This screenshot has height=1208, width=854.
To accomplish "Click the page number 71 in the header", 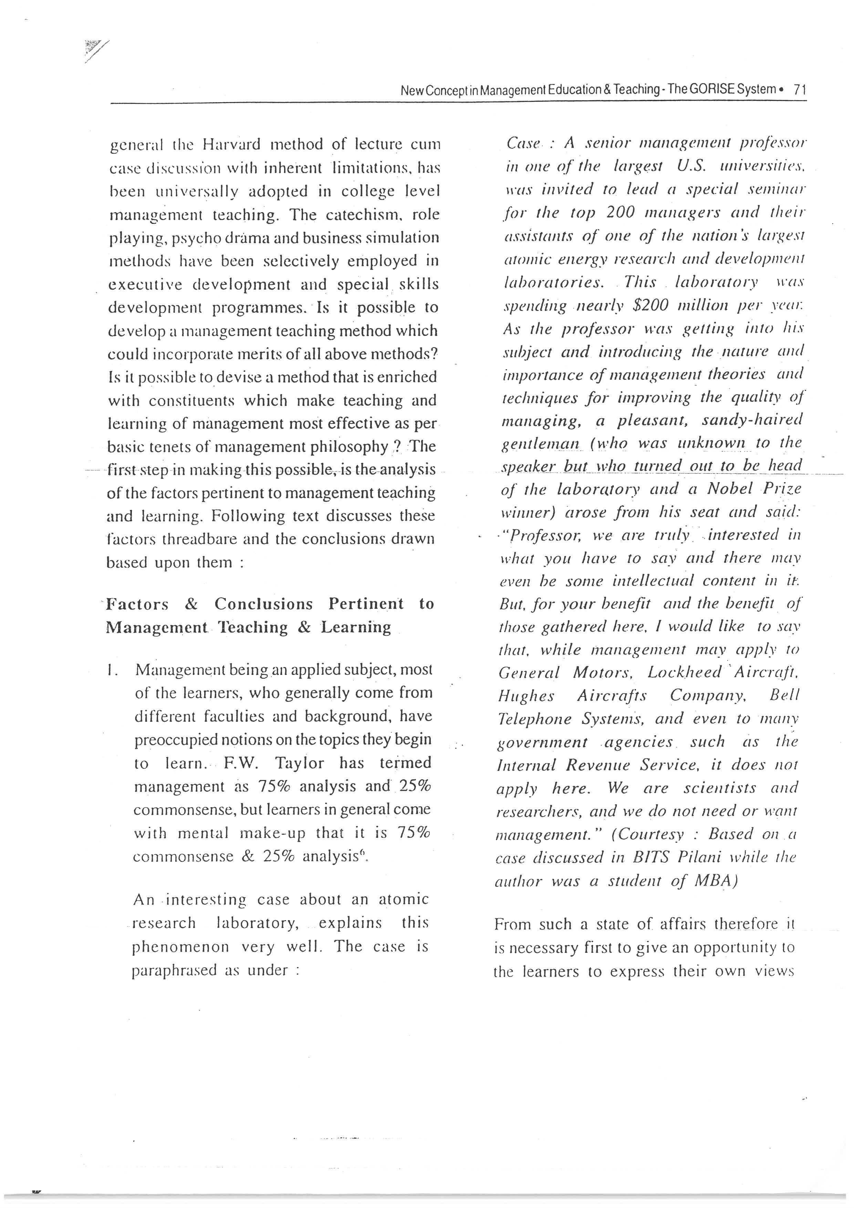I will (x=800, y=90).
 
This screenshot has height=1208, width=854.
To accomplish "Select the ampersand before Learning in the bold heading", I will (x=304, y=627).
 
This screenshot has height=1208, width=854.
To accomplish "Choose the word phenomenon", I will (x=180, y=947).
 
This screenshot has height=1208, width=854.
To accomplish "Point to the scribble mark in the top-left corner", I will (x=95, y=51).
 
